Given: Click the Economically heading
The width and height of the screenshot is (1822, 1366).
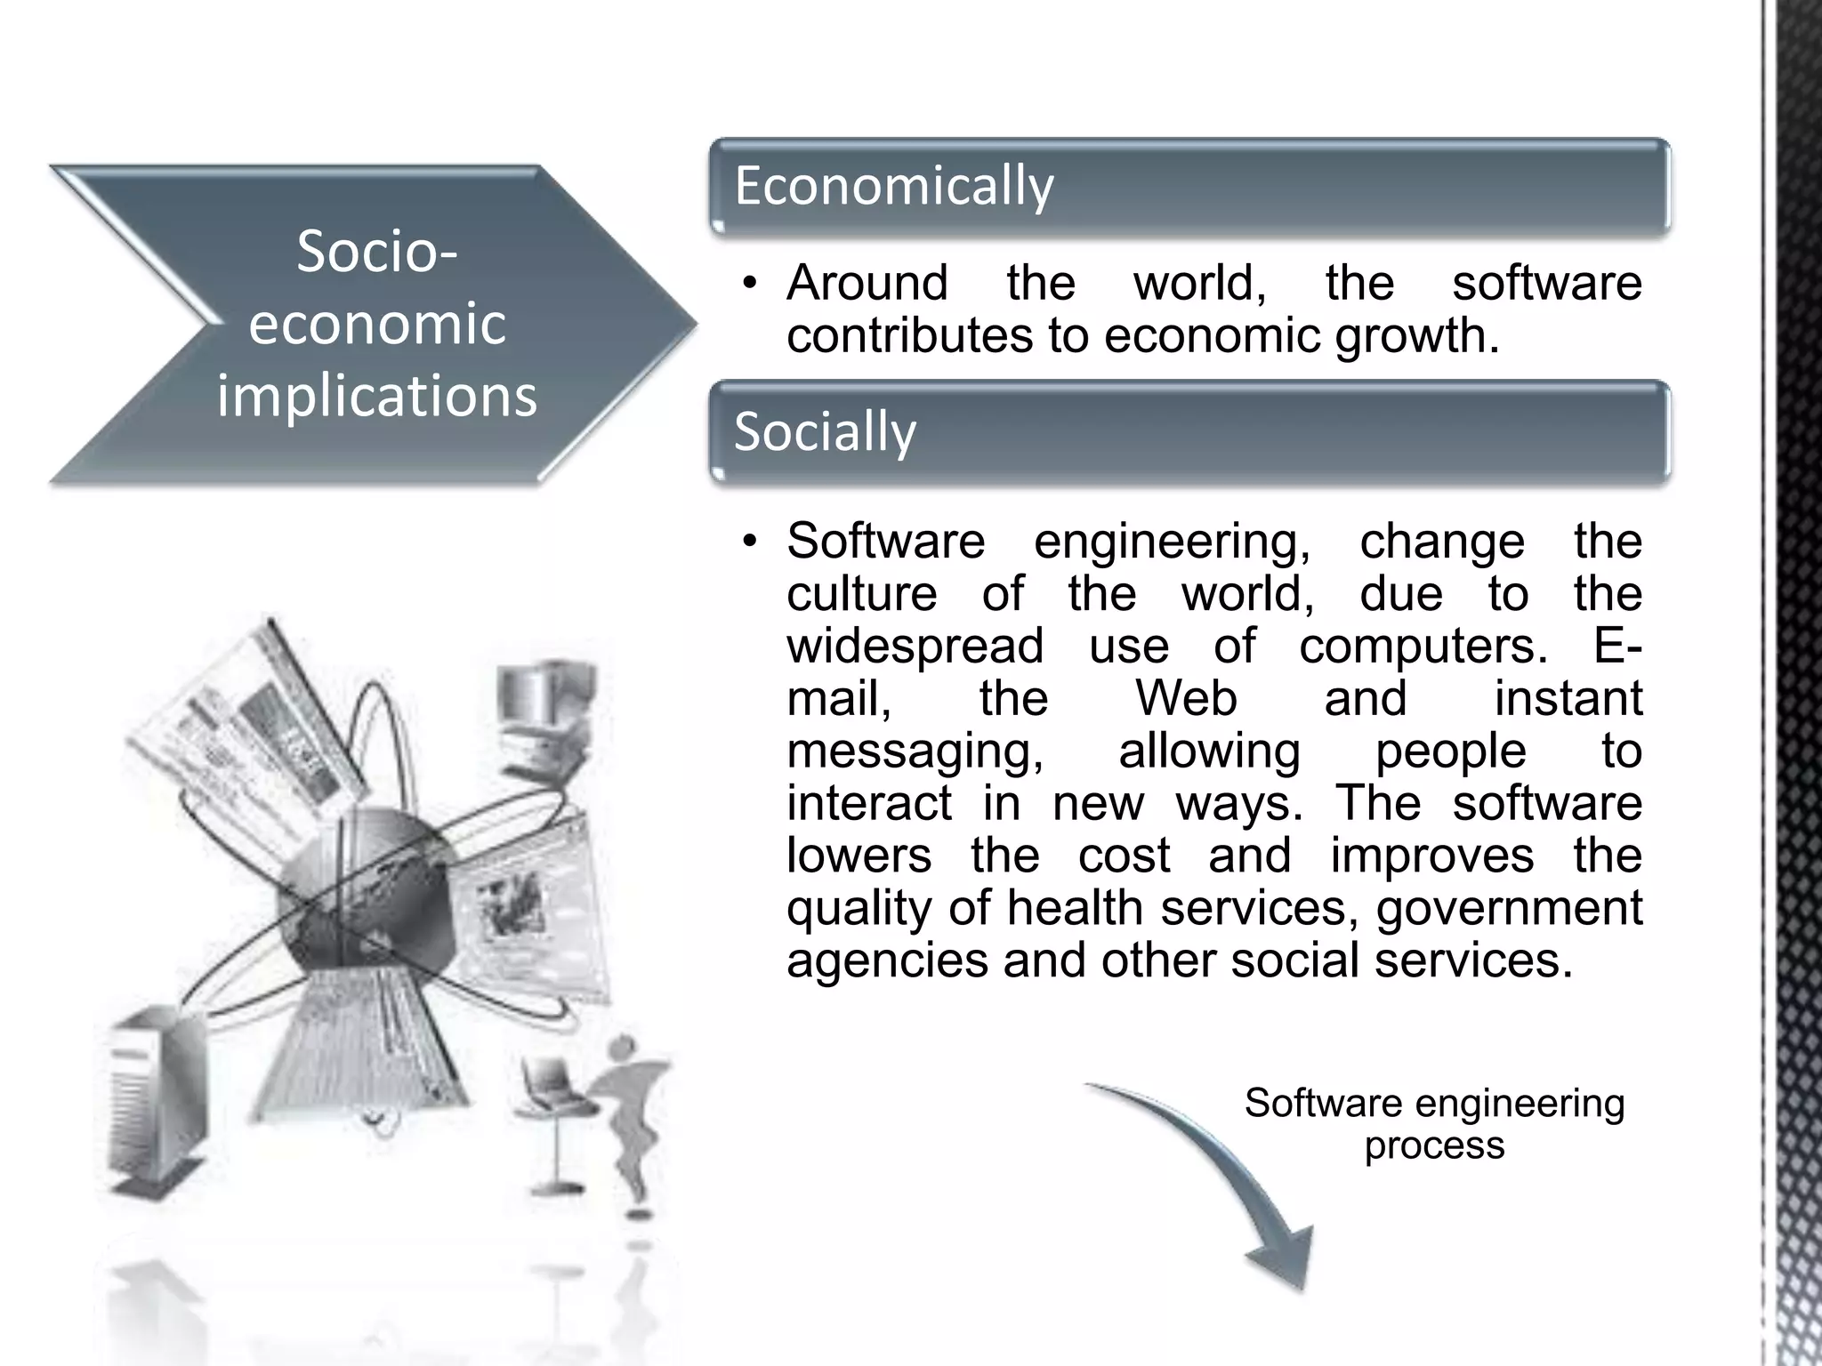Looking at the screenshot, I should (893, 186).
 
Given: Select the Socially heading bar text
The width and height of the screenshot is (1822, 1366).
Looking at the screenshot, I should (825, 432).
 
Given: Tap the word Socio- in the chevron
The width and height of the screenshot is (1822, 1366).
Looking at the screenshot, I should (377, 252).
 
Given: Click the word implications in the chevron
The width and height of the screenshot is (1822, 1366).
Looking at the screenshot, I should (377, 396).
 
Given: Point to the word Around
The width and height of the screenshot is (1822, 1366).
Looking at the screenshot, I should (867, 284).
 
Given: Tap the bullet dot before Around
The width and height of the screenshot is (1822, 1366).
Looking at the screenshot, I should (750, 285).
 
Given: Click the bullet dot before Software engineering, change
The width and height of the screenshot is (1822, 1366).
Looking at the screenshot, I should (750, 542).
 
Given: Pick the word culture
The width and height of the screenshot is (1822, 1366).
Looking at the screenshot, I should (861, 593).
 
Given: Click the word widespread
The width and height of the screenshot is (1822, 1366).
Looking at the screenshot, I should (915, 646).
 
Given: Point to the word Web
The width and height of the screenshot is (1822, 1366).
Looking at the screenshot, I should (1186, 698).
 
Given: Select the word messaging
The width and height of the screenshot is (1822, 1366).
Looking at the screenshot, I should (915, 751).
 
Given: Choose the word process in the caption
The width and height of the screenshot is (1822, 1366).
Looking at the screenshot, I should (1434, 1145).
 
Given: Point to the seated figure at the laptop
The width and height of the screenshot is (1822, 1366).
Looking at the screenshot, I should (623, 1112).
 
